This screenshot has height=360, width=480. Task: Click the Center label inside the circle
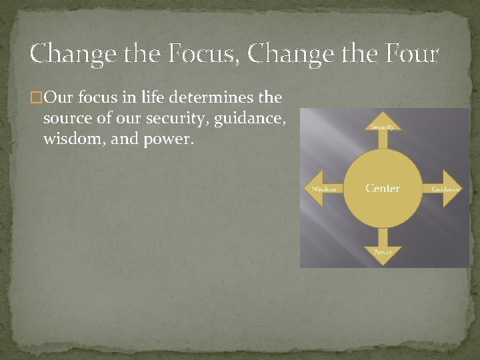(383, 189)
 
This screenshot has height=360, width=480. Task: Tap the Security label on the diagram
(383, 126)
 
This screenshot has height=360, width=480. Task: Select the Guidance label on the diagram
(445, 189)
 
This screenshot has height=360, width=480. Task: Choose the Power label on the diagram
(383, 252)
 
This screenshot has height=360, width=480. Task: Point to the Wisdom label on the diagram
(325, 189)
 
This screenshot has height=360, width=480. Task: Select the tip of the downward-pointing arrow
(383, 265)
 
